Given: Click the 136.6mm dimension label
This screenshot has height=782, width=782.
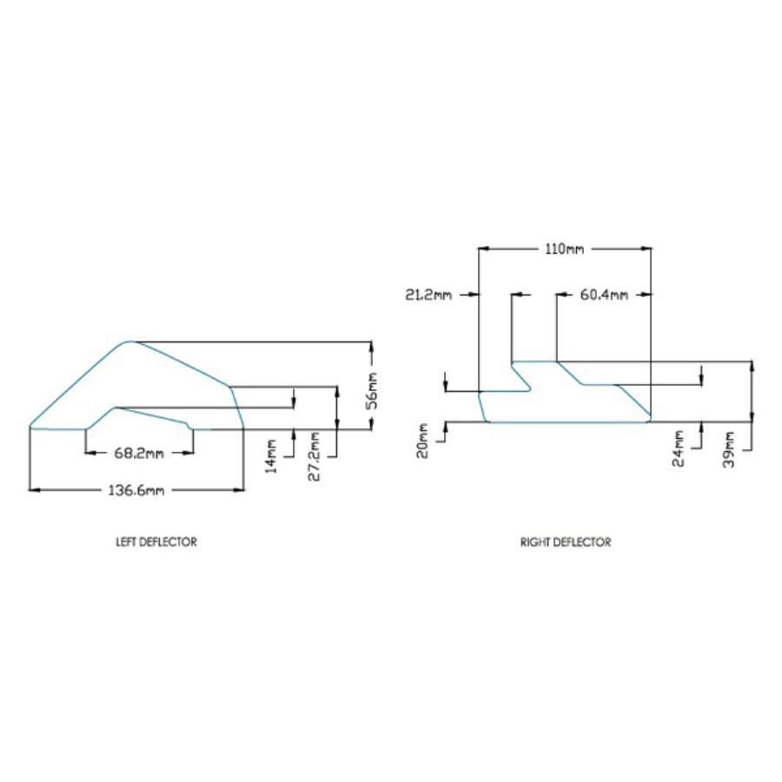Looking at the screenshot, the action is coord(136,490).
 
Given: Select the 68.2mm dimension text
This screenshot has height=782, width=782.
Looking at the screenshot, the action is coord(139,454).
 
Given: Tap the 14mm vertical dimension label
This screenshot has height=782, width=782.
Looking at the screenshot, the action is coord(271,456).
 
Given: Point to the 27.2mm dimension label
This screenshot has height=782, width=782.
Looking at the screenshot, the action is coord(315,456).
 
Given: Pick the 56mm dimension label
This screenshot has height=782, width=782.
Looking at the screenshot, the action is coord(372,391).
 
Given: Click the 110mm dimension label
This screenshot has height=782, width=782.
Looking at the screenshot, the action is coord(564,249).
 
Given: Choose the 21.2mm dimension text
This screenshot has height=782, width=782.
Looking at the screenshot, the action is coord(427,295).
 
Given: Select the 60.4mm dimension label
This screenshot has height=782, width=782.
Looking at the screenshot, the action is coord(604,295).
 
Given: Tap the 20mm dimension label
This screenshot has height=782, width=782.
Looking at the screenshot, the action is coord(422,441).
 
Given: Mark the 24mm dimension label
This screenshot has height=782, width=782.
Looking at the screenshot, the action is coord(679,449).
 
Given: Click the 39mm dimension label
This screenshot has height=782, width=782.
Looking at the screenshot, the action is coord(729,449).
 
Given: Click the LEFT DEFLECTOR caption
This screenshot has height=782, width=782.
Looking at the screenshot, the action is coord(156,541).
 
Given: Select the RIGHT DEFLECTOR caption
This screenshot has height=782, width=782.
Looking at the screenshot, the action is coord(566,541).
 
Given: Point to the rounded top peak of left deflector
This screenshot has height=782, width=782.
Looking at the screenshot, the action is coord(129,342).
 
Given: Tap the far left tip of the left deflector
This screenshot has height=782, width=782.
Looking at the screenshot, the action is coord(30,427).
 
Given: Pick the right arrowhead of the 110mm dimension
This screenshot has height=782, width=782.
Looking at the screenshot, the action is coord(646,249).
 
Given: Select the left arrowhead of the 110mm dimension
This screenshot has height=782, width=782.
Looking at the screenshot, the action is coord(484,249).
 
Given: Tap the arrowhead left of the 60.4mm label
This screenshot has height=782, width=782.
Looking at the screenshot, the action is coord(562,295).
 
